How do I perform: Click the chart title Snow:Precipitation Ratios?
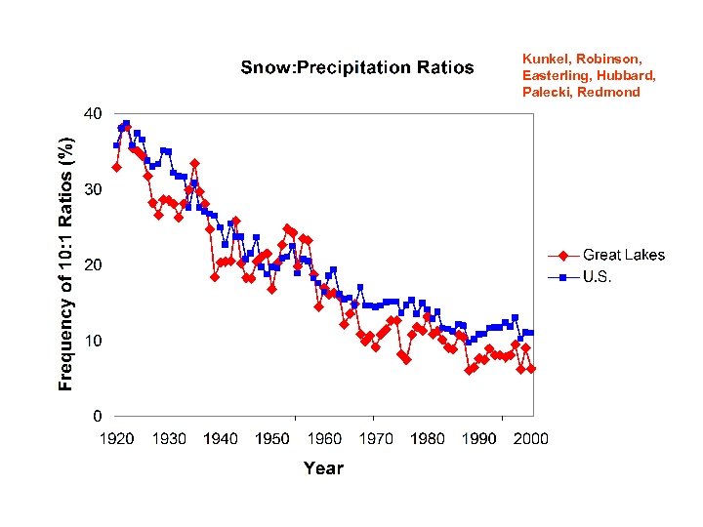point(356,67)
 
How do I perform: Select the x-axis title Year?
point(323,468)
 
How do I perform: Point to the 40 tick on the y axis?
point(90,113)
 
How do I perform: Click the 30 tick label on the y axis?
point(90,189)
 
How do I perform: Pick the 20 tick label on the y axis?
point(90,265)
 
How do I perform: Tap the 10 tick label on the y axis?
point(90,341)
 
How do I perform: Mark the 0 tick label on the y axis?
point(96,417)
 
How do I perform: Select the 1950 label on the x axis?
point(272,439)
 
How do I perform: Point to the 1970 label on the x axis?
point(376,439)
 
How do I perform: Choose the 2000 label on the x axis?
point(531,439)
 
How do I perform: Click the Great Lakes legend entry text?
point(624,256)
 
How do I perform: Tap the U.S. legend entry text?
point(598,277)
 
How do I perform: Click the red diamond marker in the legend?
point(563,256)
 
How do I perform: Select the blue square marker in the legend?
point(563,278)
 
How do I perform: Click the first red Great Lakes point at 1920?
point(116,168)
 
